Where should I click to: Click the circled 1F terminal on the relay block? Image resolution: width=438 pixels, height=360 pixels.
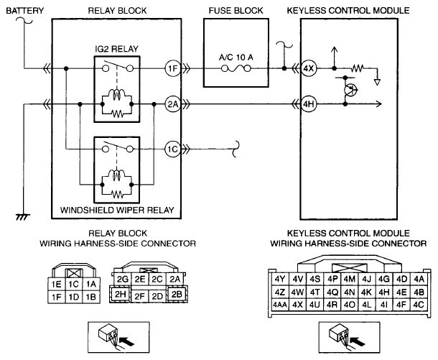coord(173,68)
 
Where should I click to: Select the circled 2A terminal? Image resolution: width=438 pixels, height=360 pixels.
coord(173,104)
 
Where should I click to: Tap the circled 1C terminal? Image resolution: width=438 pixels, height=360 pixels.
coord(173,149)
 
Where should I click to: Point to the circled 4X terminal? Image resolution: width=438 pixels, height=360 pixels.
coord(309,68)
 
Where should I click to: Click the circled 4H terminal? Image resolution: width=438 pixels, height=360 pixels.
coord(309,104)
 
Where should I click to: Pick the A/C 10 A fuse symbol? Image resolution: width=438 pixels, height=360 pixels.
coord(236,68)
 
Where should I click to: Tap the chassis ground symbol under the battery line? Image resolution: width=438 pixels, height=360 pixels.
coord(23,216)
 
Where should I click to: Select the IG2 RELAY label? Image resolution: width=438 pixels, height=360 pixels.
coord(117,49)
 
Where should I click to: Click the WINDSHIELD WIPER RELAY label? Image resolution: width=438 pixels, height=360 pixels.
coord(117,210)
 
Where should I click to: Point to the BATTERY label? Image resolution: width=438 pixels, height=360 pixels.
coord(25,11)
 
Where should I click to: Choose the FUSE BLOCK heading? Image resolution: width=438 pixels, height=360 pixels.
coord(236,11)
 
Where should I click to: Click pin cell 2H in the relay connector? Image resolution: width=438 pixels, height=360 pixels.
coord(121,294)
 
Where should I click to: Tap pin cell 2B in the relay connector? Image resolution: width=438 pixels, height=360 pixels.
coord(177,294)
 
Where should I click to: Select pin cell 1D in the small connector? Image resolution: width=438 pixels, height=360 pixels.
coord(74,297)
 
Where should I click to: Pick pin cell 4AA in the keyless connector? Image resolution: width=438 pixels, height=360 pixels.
coord(279,305)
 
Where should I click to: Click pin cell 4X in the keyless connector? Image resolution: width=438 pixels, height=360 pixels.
coord(297,305)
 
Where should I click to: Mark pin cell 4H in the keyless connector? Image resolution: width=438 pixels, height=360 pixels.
coord(384,292)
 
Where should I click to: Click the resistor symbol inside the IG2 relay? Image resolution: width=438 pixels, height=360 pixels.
coord(117,113)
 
